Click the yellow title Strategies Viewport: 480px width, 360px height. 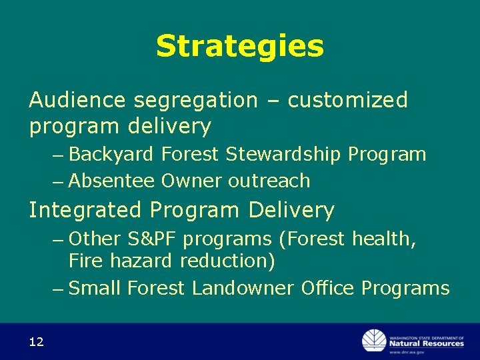tap(239, 47)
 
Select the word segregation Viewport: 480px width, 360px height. tap(195, 101)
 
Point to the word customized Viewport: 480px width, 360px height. tap(347, 100)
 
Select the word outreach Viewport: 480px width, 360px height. tap(269, 181)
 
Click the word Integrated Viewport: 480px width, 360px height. tap(85, 211)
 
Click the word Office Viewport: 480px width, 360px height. tap(328, 288)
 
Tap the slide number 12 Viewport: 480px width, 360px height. tap(36, 342)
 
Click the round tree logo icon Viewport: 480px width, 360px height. tap(374, 341)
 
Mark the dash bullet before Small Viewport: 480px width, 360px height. tap(59, 289)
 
